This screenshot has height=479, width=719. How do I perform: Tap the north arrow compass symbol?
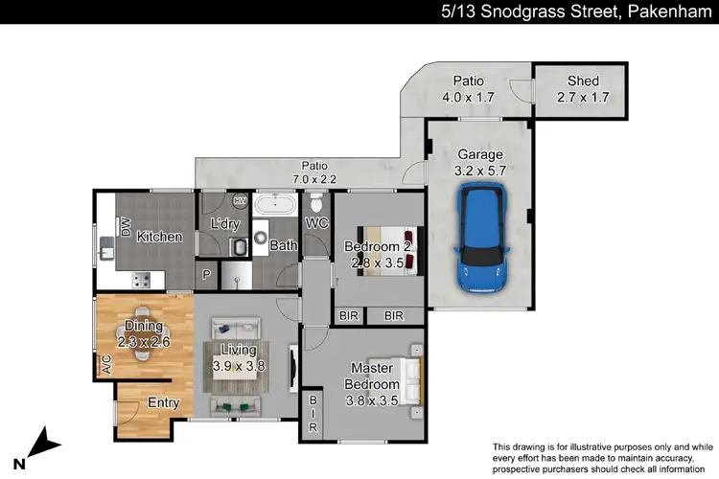39,445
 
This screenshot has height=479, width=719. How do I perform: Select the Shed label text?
584,81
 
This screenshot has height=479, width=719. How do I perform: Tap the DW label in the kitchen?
126,227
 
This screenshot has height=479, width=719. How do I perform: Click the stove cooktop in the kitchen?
141,280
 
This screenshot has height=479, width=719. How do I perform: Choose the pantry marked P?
206,276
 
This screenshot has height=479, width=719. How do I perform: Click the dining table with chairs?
143,332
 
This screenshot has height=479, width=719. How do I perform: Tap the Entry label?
163,403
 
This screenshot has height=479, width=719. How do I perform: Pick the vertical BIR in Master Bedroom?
313,415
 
